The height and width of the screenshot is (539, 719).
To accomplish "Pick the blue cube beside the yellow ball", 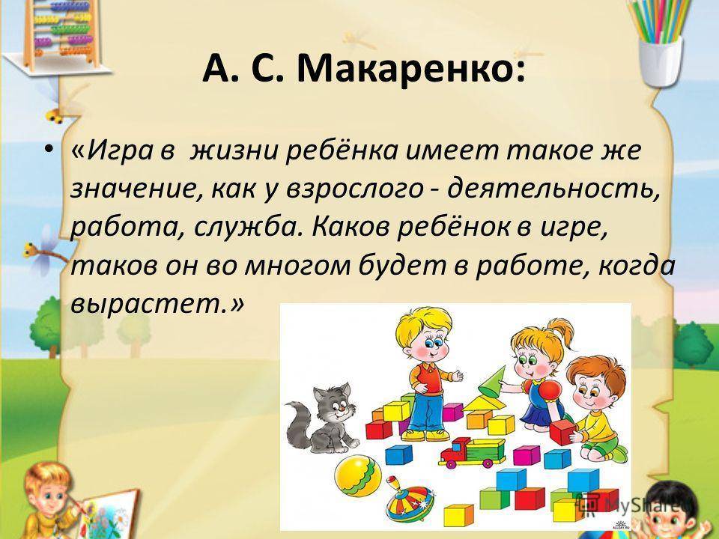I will click(399, 454).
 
